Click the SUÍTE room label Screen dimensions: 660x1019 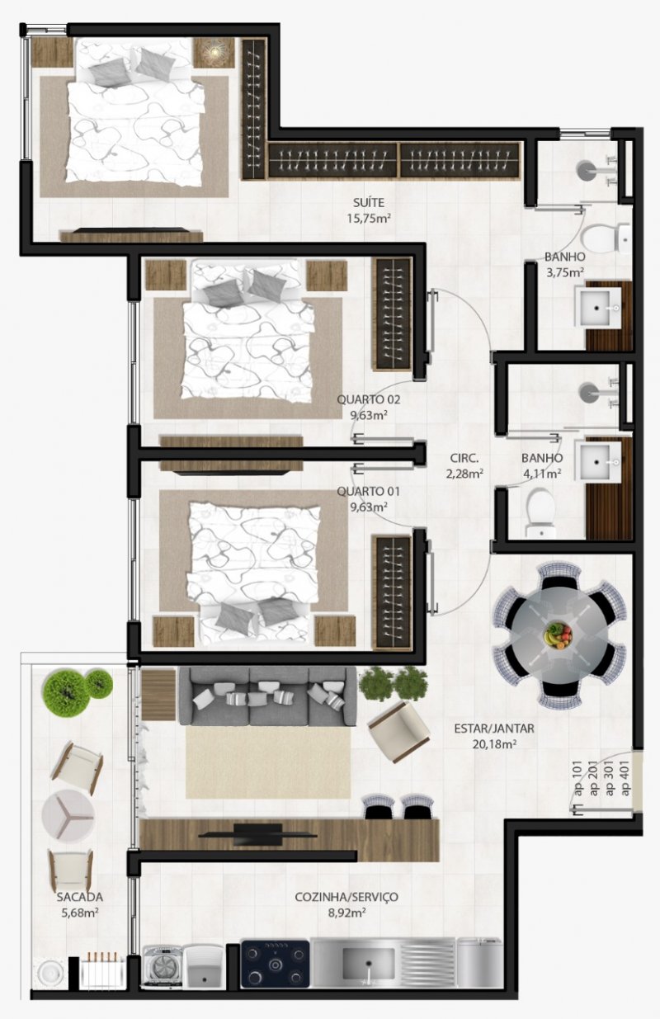pyautogui.click(x=369, y=202)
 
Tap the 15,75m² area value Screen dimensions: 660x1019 pyautogui.click(x=369, y=219)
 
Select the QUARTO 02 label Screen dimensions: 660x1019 pyautogui.click(x=369, y=399)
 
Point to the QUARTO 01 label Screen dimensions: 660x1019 pyautogui.click(x=369, y=491)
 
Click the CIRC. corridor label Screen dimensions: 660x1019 pyautogui.click(x=464, y=458)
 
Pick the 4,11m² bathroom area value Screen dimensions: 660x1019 pyautogui.click(x=542, y=474)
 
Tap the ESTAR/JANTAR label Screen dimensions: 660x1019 pyautogui.click(x=494, y=728)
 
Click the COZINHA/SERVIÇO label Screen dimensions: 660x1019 pyautogui.click(x=346, y=897)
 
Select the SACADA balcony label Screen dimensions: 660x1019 pyautogui.click(x=79, y=897)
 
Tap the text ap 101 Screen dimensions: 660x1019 pyautogui.click(x=579, y=779)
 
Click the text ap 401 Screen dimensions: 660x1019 pyautogui.click(x=625, y=779)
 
